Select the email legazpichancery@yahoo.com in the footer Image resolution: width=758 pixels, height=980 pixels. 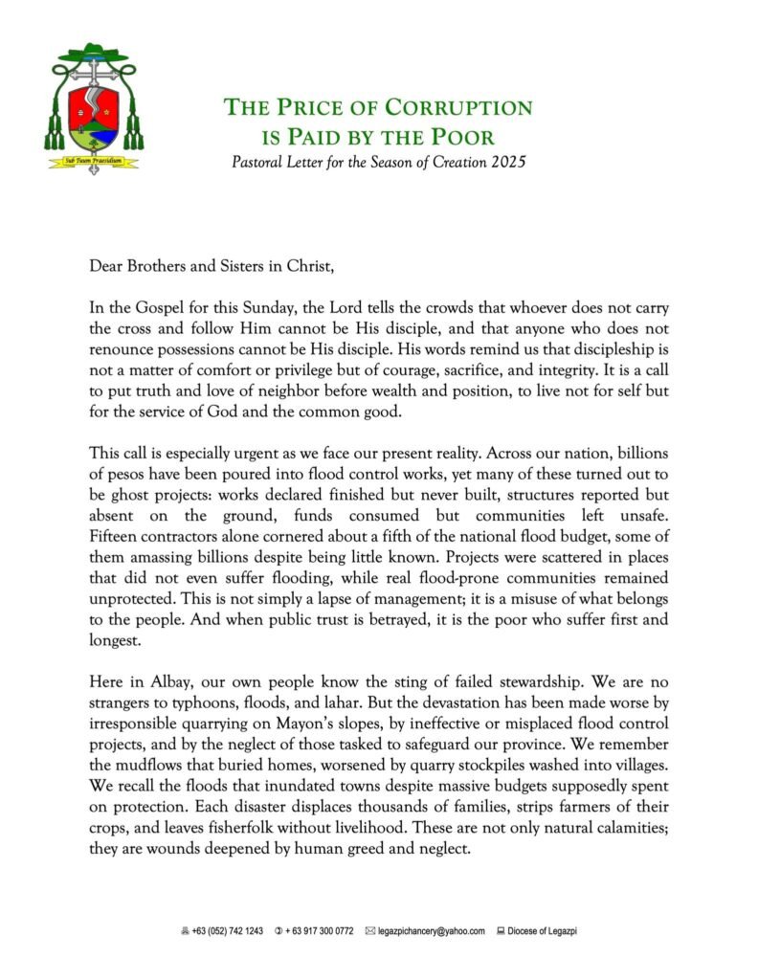tap(431, 931)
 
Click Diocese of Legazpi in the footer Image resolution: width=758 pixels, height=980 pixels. tap(543, 931)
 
